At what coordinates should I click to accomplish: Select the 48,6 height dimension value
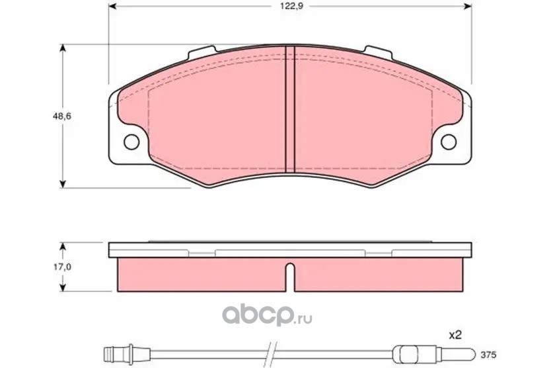click(62, 116)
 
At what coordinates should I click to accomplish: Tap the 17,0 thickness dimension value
click(62, 267)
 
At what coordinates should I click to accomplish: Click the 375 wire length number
click(488, 355)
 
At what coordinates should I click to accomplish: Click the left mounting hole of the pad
click(131, 142)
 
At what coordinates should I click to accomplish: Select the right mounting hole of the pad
click(449, 142)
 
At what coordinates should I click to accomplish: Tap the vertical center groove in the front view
click(290, 109)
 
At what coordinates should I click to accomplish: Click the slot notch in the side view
click(290, 277)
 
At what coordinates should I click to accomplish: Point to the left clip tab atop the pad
click(202, 52)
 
